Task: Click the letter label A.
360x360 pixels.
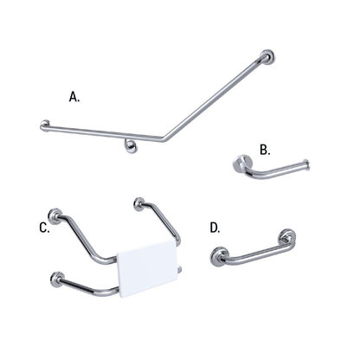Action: [x=74, y=97]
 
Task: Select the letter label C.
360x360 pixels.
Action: [x=44, y=228]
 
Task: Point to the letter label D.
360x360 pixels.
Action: [x=215, y=228]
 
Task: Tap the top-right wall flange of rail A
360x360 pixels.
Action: [x=269, y=59]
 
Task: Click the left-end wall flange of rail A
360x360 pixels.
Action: [x=45, y=125]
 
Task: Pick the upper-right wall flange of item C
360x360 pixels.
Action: [x=138, y=204]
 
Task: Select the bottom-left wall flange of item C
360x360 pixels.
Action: [x=56, y=279]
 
